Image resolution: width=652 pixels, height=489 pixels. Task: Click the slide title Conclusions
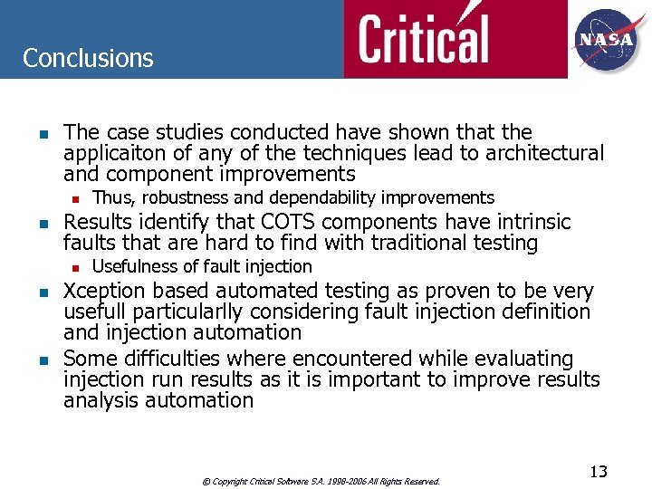88,58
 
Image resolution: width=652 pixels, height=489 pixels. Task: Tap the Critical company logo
423,39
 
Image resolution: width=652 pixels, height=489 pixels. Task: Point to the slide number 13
598,472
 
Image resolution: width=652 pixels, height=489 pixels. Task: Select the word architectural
544,154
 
